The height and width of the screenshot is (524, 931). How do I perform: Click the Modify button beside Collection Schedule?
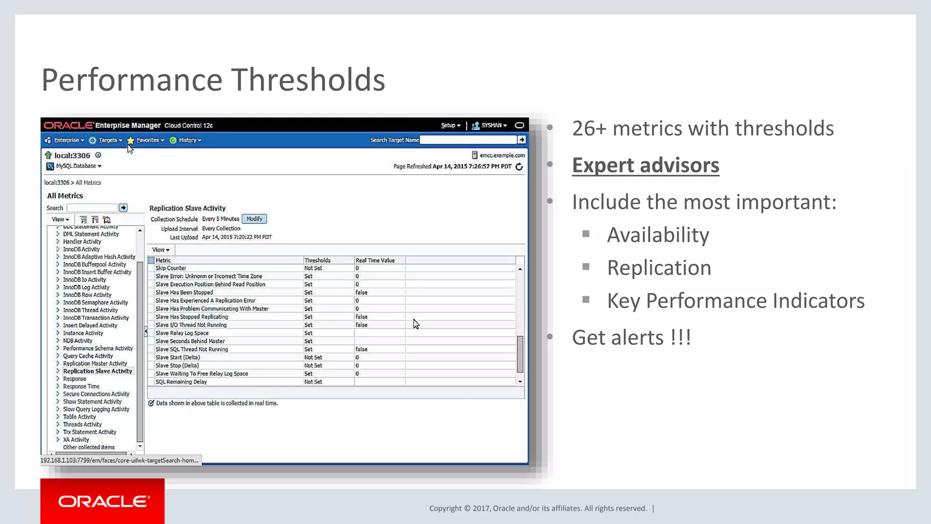254,219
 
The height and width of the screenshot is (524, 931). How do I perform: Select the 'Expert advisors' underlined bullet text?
646,165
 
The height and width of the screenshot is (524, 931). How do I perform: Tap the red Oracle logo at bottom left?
103,501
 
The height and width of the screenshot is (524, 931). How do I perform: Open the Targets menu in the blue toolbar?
108,140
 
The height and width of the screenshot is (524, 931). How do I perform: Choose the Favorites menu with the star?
147,140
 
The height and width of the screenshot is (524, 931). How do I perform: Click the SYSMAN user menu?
491,125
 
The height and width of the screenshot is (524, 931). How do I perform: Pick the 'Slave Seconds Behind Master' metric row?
190,341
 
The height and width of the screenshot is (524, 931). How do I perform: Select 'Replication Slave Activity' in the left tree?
97,371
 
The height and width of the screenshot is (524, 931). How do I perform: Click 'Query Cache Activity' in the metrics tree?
88,356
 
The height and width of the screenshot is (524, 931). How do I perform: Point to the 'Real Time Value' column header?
375,260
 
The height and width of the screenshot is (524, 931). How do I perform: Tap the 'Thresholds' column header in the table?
317,260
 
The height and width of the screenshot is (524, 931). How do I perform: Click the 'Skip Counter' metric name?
171,268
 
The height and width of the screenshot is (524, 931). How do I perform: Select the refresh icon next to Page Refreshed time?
519,166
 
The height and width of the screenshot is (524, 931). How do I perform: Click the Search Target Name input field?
468,140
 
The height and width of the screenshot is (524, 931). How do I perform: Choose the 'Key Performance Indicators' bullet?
736,301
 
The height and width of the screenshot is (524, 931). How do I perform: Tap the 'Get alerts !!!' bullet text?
631,338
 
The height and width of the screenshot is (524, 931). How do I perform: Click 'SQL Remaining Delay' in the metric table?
181,382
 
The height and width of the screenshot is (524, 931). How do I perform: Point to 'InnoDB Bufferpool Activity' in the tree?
95,264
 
